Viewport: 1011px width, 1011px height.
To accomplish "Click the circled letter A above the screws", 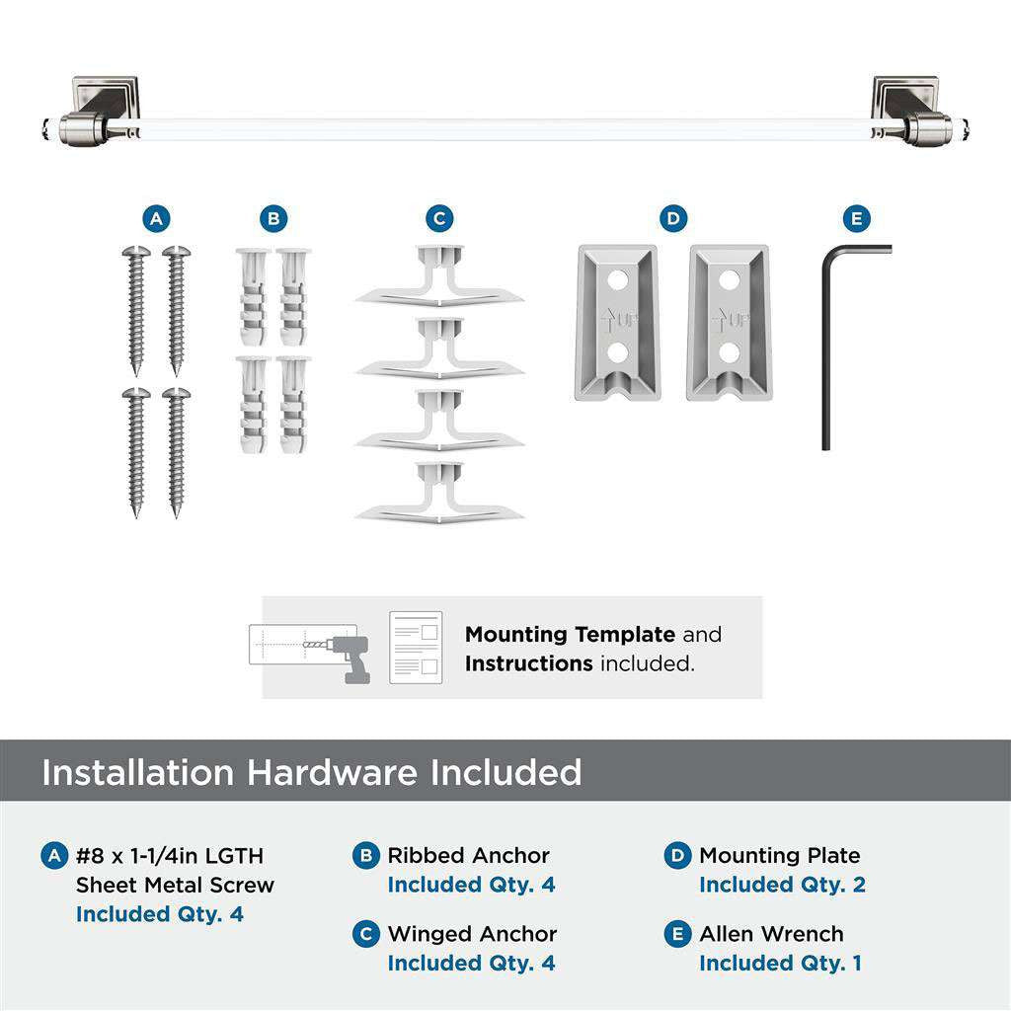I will pos(156,218).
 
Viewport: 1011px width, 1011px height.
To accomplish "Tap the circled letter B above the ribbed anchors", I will pos(273,218).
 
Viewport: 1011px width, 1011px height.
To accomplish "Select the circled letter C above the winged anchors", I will pos(440,218).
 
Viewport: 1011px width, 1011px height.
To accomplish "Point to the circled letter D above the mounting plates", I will pos(673,218).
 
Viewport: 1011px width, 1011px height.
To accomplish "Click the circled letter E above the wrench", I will pos(856,218).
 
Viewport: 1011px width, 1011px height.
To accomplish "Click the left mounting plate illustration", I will pos(616,322).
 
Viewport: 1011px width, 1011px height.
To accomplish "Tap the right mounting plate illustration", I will pos(729,322).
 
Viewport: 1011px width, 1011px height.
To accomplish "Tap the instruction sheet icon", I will pos(415,647).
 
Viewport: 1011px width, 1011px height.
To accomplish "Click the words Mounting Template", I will pos(570,635).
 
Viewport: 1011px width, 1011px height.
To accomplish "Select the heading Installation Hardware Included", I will pos(311,772).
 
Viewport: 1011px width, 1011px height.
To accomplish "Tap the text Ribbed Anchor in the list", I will pos(468,856).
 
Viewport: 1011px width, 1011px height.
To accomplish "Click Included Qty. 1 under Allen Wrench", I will pos(780,963).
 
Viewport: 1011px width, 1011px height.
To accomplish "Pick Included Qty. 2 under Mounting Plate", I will pos(782,885).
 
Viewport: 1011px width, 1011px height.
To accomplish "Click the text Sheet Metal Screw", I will pos(175,885).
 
